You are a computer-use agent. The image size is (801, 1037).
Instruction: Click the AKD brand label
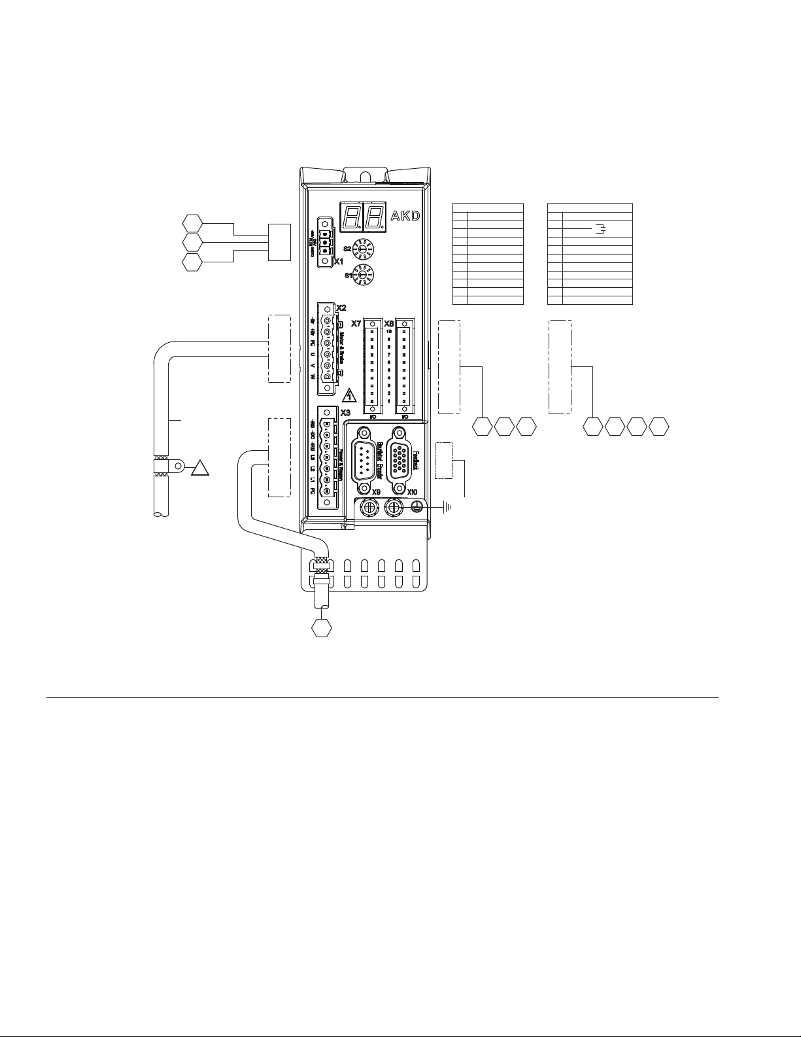405,216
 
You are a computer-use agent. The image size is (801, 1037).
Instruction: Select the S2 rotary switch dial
361,250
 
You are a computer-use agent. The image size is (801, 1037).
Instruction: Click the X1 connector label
339,262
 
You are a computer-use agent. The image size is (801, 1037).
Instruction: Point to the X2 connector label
341,307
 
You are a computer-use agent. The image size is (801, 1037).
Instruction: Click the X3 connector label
345,412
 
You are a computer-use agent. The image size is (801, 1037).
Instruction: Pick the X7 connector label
356,323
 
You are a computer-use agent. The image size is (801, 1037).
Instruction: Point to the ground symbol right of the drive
448,506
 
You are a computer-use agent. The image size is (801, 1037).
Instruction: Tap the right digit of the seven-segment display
374,215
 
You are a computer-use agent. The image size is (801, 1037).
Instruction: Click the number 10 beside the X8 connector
389,331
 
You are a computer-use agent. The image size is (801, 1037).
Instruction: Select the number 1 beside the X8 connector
389,401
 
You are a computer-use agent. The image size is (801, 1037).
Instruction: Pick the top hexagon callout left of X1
193,222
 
